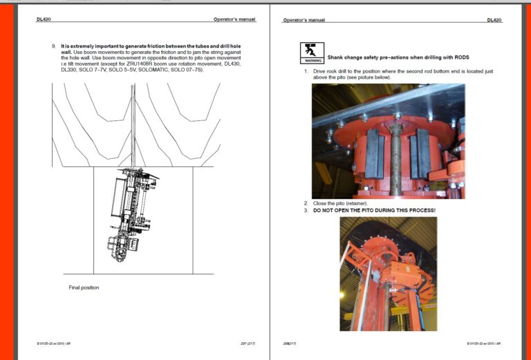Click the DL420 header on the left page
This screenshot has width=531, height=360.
44,20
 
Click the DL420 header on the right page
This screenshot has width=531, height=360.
494,20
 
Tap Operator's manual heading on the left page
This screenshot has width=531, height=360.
234,20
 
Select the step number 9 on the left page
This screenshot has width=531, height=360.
53,46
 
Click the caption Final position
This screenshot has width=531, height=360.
84,287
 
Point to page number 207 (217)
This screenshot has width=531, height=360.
248,343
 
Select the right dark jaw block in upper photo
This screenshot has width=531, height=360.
420,153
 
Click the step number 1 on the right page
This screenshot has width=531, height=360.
306,71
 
